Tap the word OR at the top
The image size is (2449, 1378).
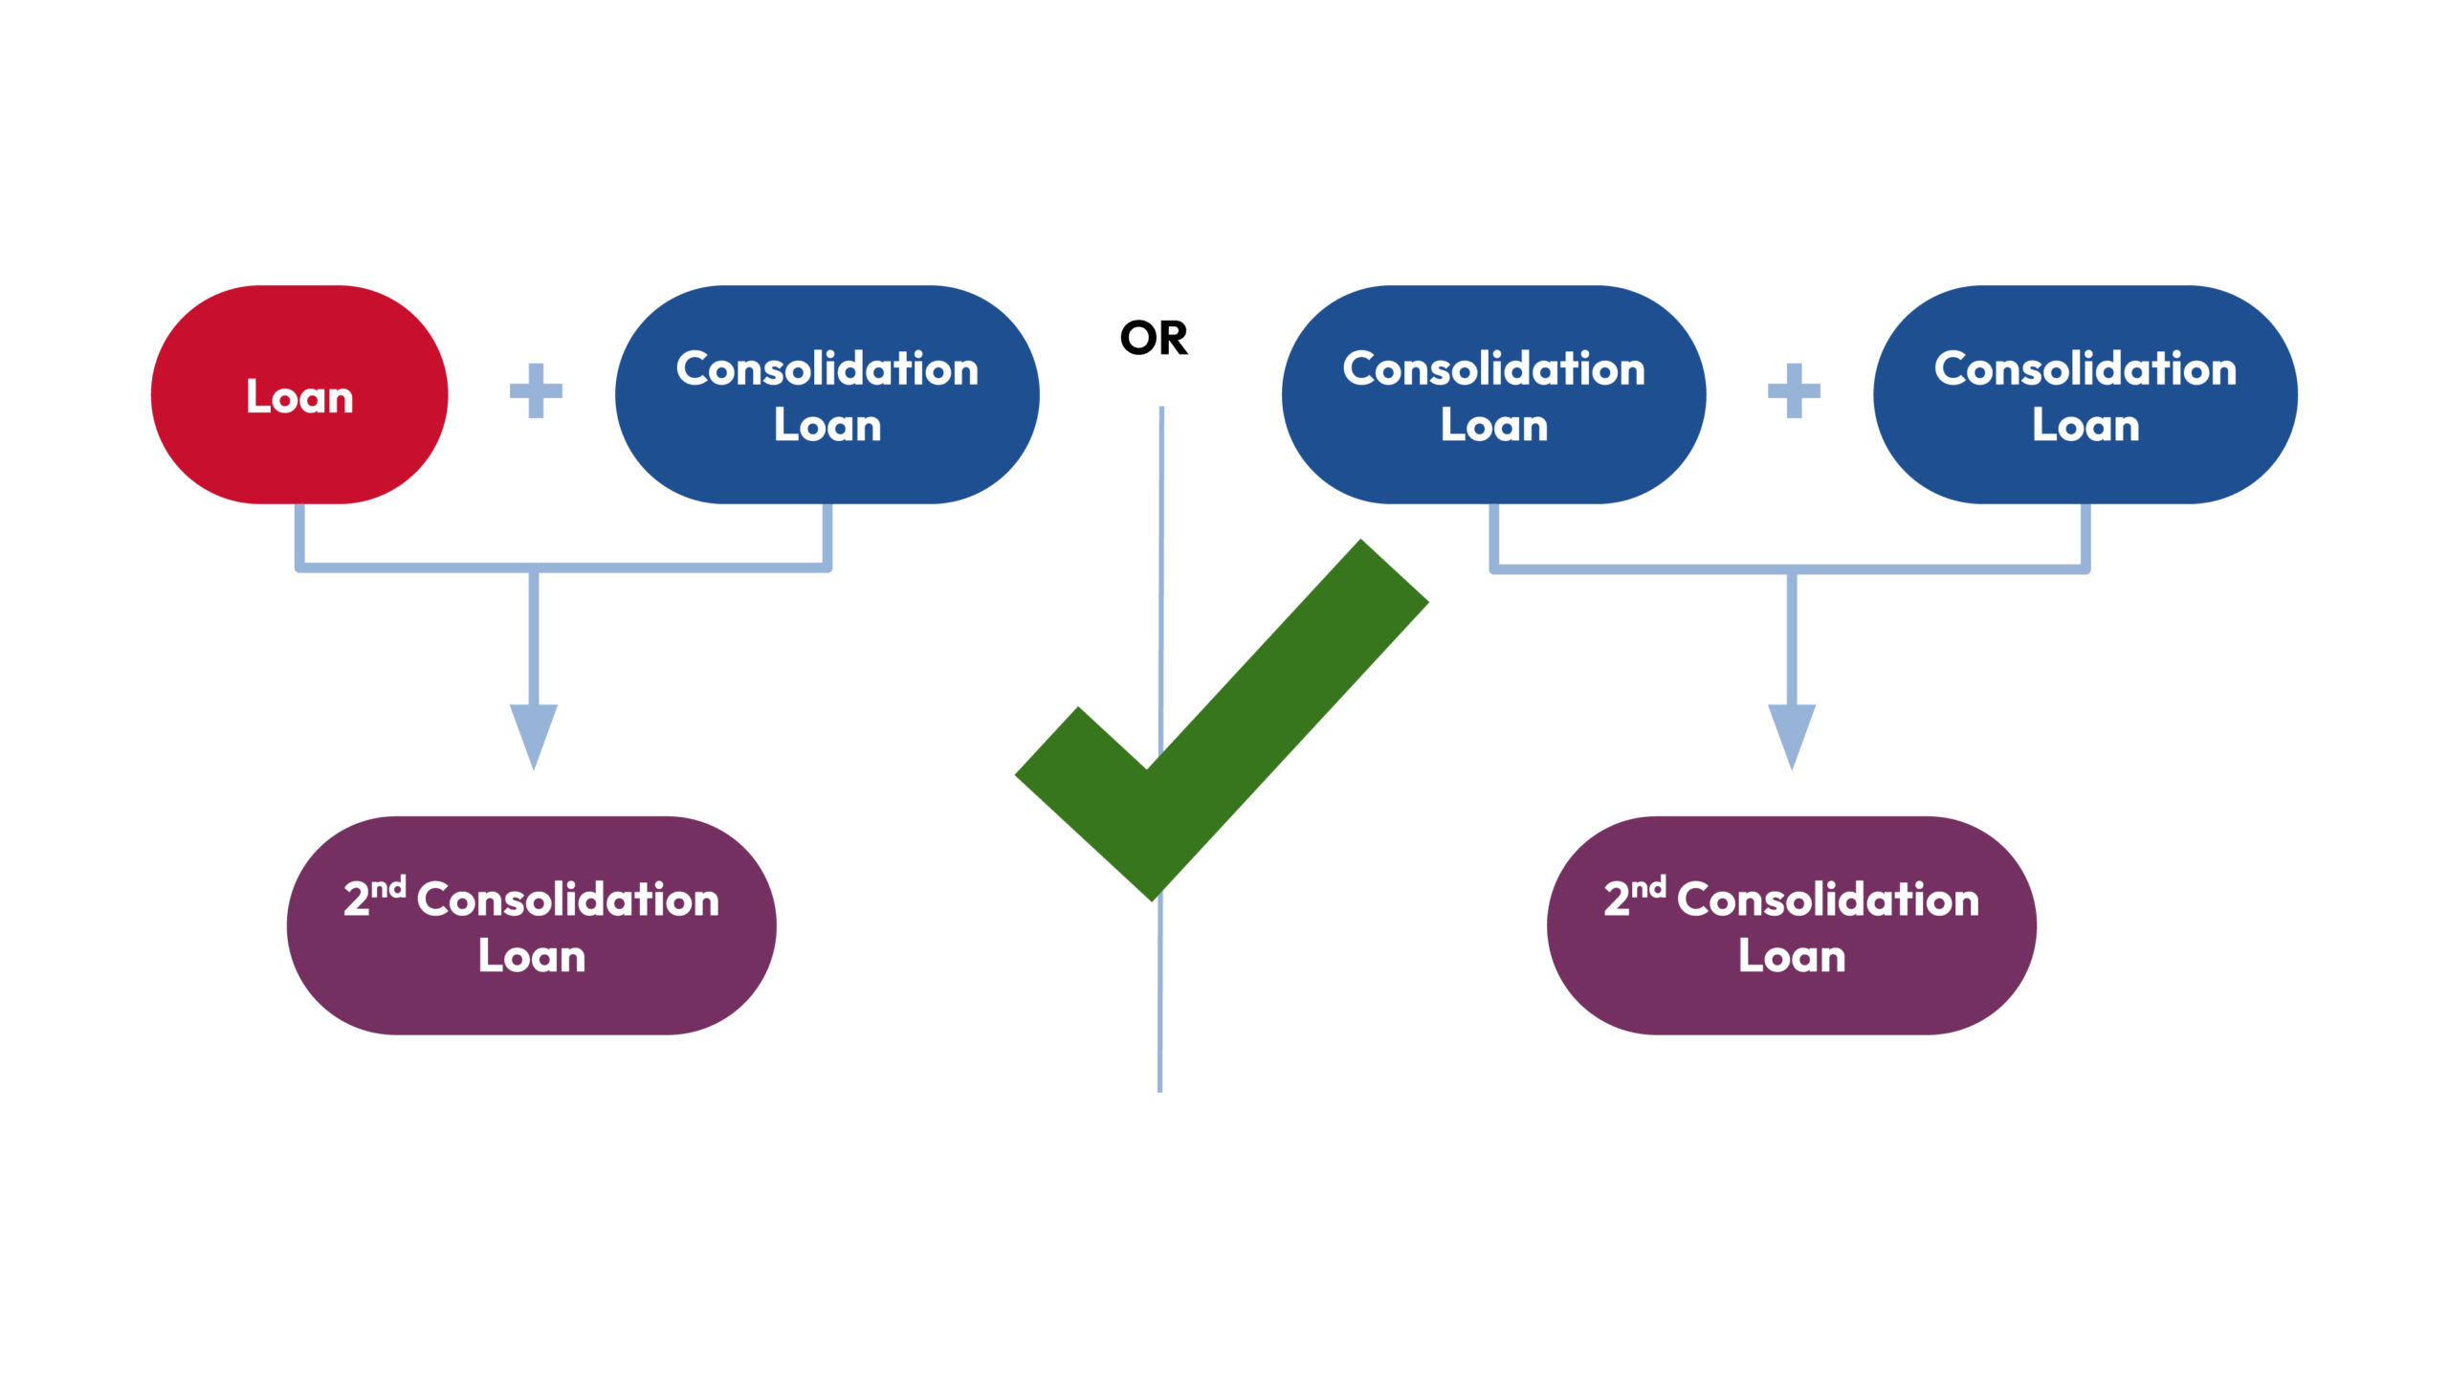(x=1154, y=338)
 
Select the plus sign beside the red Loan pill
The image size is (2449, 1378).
(x=536, y=390)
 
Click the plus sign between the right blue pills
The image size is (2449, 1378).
(x=1794, y=390)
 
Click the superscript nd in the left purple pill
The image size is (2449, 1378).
(x=388, y=888)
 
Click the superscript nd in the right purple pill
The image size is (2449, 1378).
(x=1648, y=888)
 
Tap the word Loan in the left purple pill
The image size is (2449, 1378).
(x=532, y=956)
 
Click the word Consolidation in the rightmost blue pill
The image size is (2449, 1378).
(x=2085, y=369)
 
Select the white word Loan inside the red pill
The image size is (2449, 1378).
(x=299, y=396)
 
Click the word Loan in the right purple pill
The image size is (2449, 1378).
(x=1792, y=956)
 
